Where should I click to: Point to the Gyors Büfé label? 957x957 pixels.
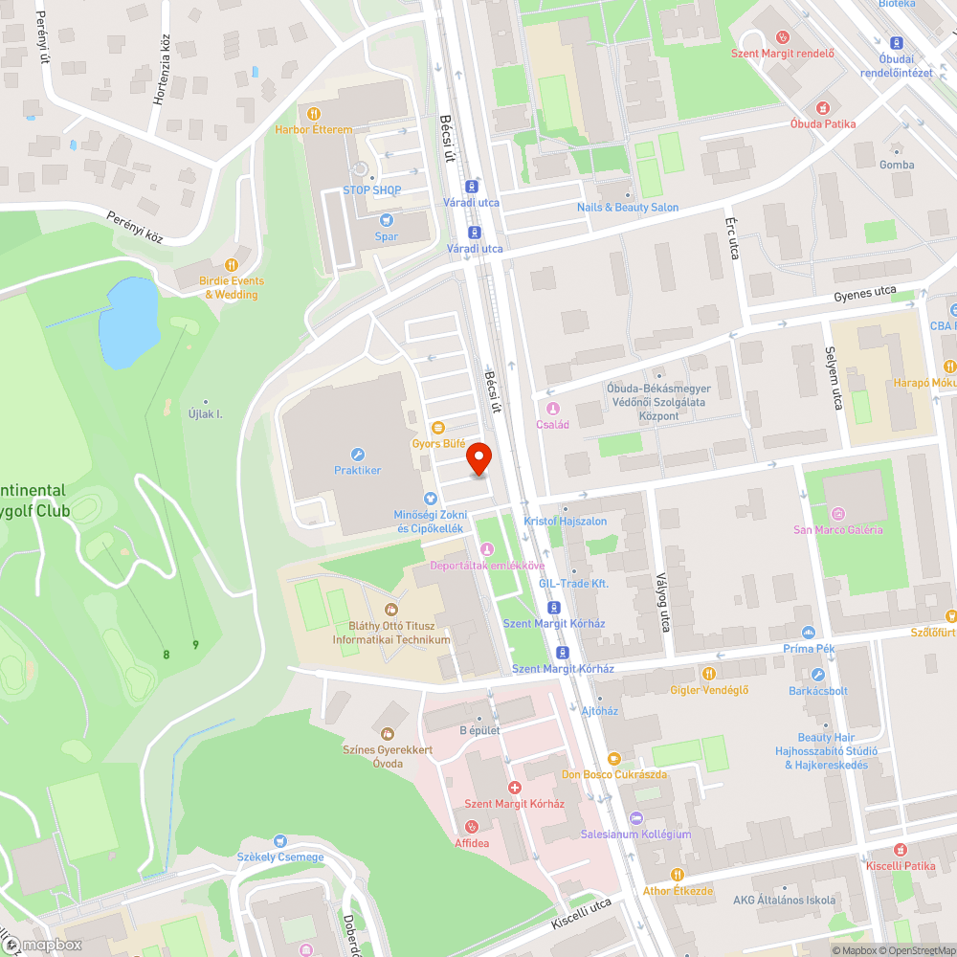pyautogui.click(x=438, y=443)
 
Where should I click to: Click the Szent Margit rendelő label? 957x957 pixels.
pyautogui.click(x=782, y=54)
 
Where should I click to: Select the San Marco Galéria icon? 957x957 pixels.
pyautogui.click(x=838, y=514)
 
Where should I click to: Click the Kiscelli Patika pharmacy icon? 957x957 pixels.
pyautogui.click(x=900, y=849)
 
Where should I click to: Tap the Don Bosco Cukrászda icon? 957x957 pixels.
pyautogui.click(x=613, y=758)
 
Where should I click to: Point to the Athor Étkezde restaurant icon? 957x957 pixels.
pyautogui.click(x=678, y=875)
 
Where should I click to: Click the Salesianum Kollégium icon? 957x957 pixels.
pyautogui.click(x=635, y=818)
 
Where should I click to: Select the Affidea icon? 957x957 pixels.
pyautogui.click(x=471, y=827)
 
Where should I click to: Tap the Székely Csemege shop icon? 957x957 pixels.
pyautogui.click(x=280, y=841)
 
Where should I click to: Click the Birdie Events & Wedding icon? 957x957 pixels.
pyautogui.click(x=231, y=265)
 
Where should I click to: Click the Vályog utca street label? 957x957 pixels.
pyautogui.click(x=663, y=602)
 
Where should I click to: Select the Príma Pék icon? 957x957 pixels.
pyautogui.click(x=810, y=633)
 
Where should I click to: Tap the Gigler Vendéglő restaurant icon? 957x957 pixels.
pyautogui.click(x=709, y=674)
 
